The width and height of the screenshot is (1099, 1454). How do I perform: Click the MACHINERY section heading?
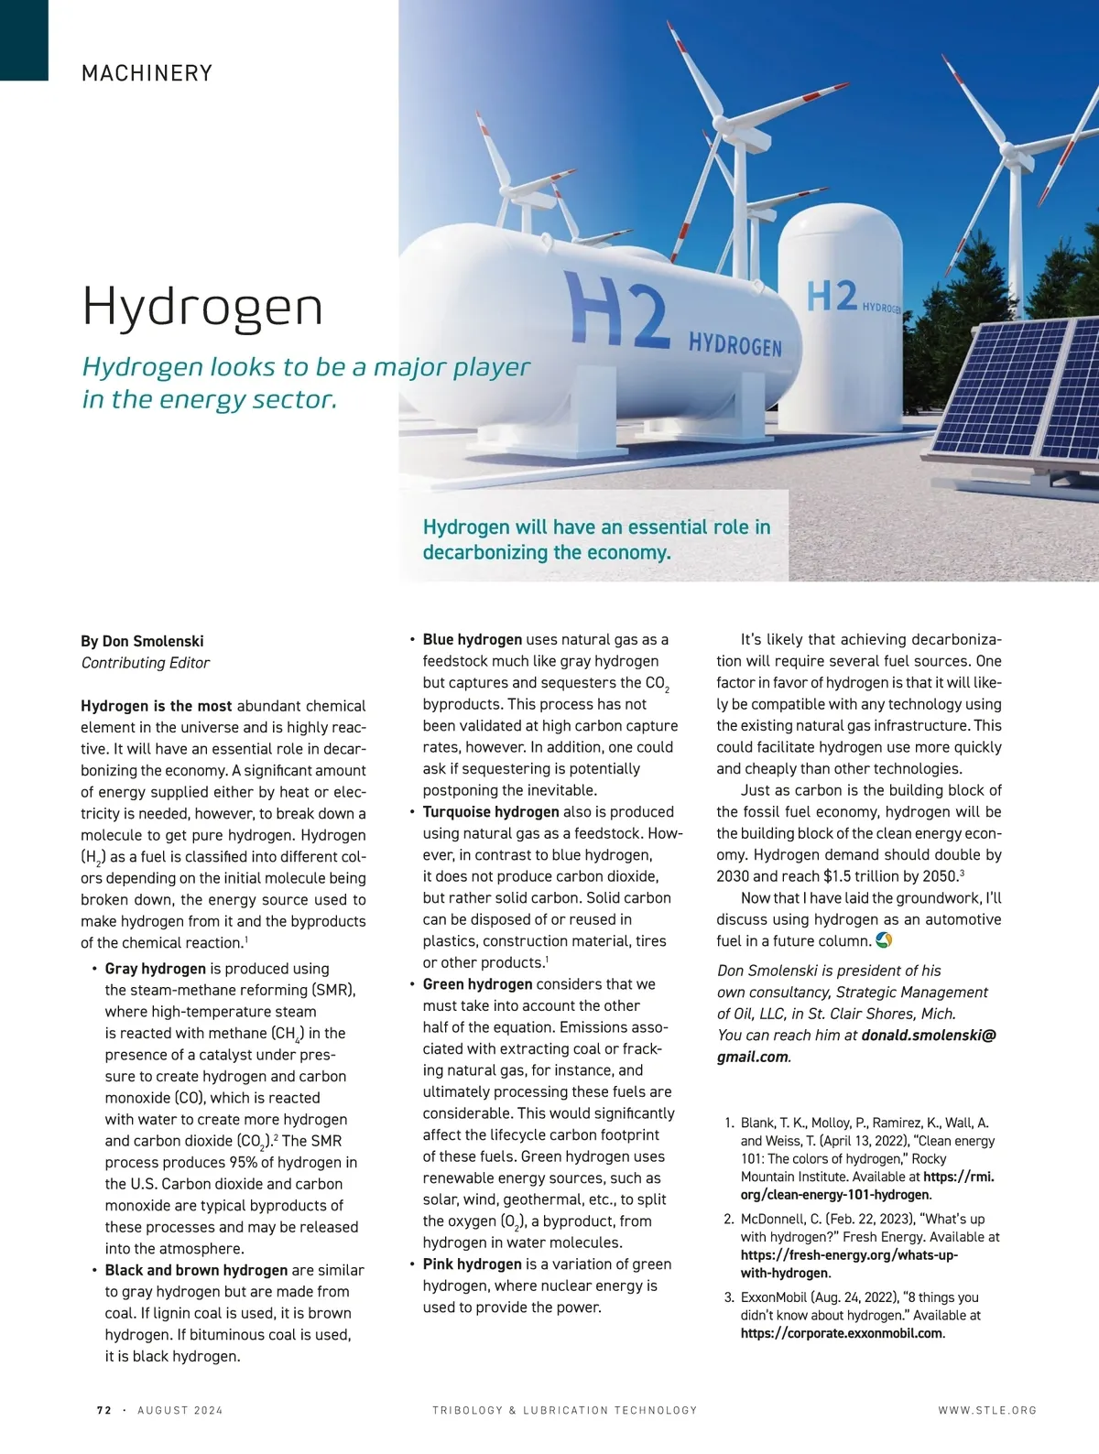point(147,73)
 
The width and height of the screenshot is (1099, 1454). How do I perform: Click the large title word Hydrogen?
point(202,308)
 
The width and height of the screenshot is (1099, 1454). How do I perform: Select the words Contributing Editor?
point(146,663)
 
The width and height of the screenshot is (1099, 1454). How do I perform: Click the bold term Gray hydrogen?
point(155,969)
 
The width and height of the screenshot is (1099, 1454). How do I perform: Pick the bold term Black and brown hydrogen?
point(196,1270)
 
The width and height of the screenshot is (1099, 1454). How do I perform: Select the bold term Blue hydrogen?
point(472,639)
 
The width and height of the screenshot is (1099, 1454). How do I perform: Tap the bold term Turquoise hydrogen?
point(490,811)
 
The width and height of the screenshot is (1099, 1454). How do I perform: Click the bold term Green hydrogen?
point(477,984)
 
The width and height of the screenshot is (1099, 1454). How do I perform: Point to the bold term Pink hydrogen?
point(472,1264)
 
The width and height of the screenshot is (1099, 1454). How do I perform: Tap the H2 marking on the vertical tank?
point(832,296)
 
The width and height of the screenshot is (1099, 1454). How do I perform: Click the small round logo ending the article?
point(884,940)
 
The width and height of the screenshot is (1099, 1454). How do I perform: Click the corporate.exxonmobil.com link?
point(842,1333)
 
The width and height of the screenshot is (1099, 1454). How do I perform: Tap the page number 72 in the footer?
point(104,1411)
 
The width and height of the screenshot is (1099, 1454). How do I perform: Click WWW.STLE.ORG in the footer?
point(986,1411)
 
